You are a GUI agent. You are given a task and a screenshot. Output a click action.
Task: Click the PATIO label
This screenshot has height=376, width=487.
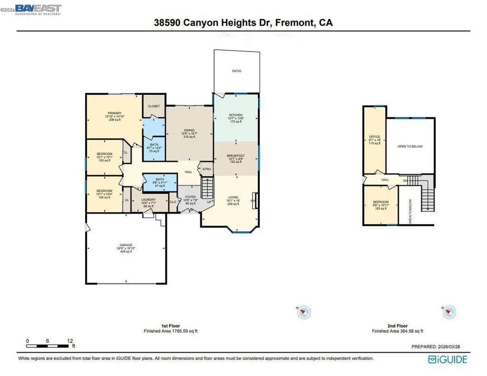(x=236, y=71)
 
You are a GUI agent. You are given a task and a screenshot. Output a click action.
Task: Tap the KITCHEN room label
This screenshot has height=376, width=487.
(x=236, y=115)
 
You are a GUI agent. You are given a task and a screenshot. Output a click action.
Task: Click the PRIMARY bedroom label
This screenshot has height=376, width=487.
(x=114, y=113)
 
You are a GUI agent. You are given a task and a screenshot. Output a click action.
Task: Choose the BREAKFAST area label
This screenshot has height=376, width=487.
(x=236, y=156)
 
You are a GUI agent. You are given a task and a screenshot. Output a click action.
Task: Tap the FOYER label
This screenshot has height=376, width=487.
(x=190, y=197)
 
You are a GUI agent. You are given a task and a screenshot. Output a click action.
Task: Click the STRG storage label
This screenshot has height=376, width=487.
(x=207, y=169)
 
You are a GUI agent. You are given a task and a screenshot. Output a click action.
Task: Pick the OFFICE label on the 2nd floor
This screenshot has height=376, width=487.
(x=374, y=137)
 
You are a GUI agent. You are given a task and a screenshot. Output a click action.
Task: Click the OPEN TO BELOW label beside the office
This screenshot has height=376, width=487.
(x=410, y=147)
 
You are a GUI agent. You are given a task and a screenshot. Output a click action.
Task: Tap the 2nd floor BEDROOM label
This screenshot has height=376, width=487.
(x=380, y=202)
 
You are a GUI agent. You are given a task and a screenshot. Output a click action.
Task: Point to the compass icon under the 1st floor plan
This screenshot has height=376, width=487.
(x=304, y=312)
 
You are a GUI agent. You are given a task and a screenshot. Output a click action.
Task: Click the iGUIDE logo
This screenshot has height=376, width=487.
(x=448, y=359)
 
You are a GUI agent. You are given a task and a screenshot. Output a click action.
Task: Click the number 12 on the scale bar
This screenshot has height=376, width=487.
(x=70, y=341)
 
